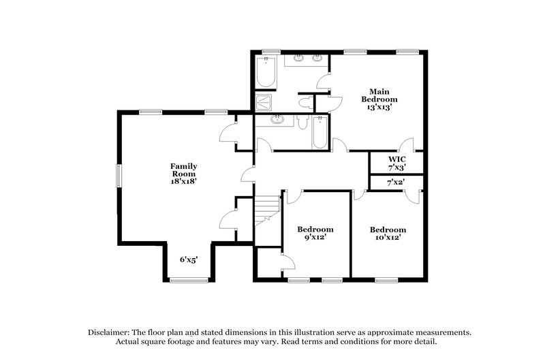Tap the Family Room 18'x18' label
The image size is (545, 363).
[184, 174]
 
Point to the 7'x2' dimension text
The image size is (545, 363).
[396, 183]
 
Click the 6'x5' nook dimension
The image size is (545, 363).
[189, 259]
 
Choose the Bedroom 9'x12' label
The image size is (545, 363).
[315, 234]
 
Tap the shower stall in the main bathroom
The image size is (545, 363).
[263, 103]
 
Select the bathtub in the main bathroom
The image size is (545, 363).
[266, 72]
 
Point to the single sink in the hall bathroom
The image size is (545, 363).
[277, 121]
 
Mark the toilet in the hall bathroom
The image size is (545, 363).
[303, 121]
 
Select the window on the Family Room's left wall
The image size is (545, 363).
[118, 174]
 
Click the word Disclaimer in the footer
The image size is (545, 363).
[108, 332]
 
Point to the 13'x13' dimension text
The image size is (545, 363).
[379, 107]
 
